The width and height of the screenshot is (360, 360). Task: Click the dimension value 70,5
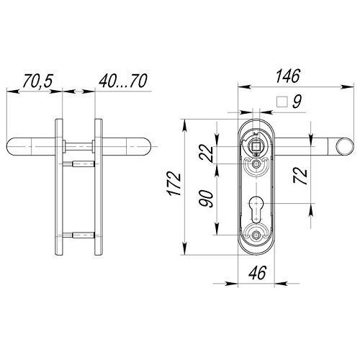coord(37,81)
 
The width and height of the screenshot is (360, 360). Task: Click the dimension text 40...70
coord(123,81)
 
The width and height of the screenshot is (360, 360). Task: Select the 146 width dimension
coord(288,76)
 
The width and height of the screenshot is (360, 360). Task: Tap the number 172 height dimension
coord(174,184)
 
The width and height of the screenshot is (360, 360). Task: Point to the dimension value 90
coord(206,199)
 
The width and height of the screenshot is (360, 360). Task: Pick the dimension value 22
coord(206,154)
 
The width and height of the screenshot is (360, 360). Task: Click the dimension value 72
coord(300,176)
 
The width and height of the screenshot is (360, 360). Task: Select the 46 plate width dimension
coord(257,273)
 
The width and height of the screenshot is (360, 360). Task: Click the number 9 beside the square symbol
coord(297,102)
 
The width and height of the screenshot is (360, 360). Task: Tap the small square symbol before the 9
coord(282,102)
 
